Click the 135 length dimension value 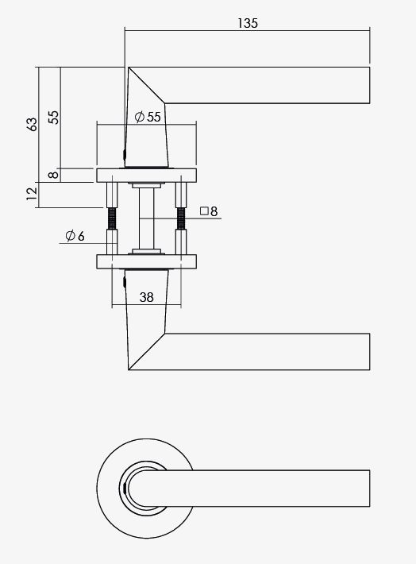[248, 23]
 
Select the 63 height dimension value [32, 125]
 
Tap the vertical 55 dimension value [52, 117]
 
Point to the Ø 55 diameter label [148, 117]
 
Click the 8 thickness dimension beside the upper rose [52, 175]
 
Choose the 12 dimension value [32, 194]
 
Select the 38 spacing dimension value [146, 297]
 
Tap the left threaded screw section [111, 218]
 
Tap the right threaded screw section [183, 218]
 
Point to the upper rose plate [147, 175]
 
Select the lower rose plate [147, 261]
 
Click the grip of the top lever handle [270, 85]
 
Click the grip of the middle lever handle [270, 351]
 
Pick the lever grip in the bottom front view [270, 487]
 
